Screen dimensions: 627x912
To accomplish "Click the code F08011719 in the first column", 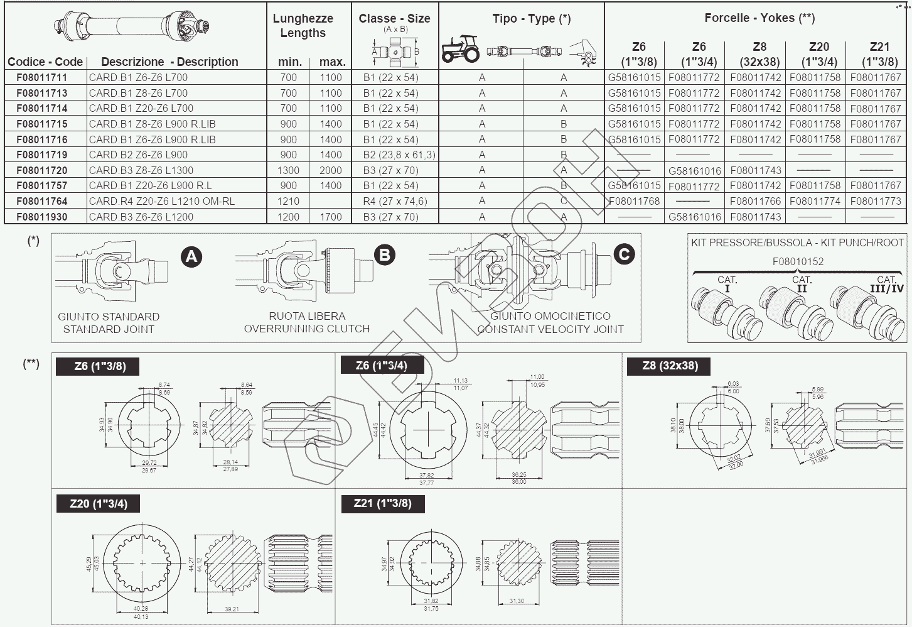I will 42,155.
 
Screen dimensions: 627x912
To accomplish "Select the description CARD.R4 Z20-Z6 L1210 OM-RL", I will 161,201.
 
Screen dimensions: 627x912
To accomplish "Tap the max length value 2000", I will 331,170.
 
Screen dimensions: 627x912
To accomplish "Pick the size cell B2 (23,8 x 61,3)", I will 399,155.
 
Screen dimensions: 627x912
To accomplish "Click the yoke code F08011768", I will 635,201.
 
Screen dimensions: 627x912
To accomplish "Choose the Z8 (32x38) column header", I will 759,54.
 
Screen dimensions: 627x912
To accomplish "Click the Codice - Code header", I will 45,62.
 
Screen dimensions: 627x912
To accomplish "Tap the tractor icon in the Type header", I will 460,48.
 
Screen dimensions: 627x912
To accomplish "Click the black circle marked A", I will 191,256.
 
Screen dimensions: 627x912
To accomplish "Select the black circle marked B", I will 384,254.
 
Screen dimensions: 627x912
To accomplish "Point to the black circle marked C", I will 623,254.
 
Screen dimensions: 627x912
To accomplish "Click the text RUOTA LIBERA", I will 307,316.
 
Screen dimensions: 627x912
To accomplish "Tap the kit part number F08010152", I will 798,261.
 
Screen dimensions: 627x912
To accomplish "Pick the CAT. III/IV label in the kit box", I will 886,283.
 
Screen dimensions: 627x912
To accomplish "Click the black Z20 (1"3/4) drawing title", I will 97,503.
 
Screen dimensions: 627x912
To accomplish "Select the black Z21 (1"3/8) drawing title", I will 382,503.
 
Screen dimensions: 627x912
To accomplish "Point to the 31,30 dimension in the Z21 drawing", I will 517,601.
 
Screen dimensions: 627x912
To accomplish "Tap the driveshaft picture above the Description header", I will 131,28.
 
